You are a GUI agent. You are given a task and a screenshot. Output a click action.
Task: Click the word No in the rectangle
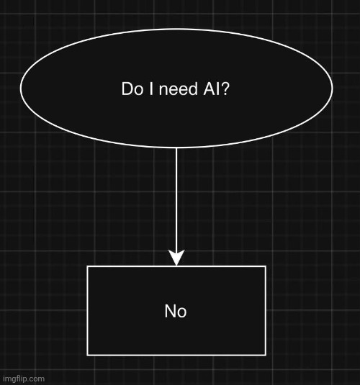(x=176, y=311)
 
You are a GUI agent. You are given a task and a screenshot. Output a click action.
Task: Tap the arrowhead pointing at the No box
(x=176, y=258)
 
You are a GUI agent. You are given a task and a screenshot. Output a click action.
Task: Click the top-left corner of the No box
(x=88, y=267)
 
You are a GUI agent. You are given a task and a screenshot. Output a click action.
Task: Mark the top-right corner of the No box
(x=265, y=267)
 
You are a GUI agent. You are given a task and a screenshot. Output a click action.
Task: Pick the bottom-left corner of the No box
(x=88, y=354)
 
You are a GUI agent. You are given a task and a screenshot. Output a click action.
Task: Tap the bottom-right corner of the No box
(x=265, y=354)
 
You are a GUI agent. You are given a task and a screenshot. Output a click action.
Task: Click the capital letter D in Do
(x=127, y=89)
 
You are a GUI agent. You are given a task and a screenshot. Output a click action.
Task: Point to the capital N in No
(x=170, y=311)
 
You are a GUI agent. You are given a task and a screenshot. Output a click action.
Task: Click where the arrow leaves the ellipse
(x=176, y=148)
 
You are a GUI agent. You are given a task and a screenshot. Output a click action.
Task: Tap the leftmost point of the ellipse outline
(x=21, y=89)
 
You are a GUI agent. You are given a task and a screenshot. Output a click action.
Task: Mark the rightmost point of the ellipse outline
(x=332, y=89)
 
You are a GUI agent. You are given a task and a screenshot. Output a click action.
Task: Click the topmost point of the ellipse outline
(x=176, y=29)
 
